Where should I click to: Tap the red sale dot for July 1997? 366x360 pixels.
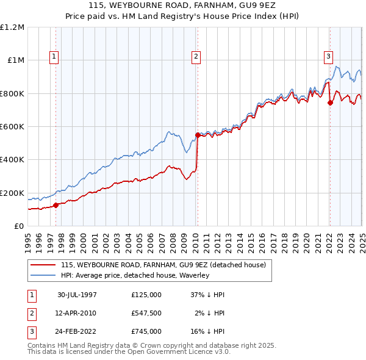click(56, 205)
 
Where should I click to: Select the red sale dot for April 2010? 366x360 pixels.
click(197, 135)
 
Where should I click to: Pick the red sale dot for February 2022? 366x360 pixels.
click(330, 103)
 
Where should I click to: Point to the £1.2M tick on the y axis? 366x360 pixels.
click(12, 27)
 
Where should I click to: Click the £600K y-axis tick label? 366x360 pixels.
click(12, 127)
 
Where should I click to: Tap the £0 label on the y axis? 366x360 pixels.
click(20, 226)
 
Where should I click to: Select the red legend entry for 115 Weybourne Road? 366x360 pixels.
click(162, 265)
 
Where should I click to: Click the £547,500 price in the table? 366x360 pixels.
click(146, 313)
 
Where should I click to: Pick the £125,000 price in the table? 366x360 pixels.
click(146, 295)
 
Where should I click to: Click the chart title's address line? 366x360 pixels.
click(182, 5)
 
